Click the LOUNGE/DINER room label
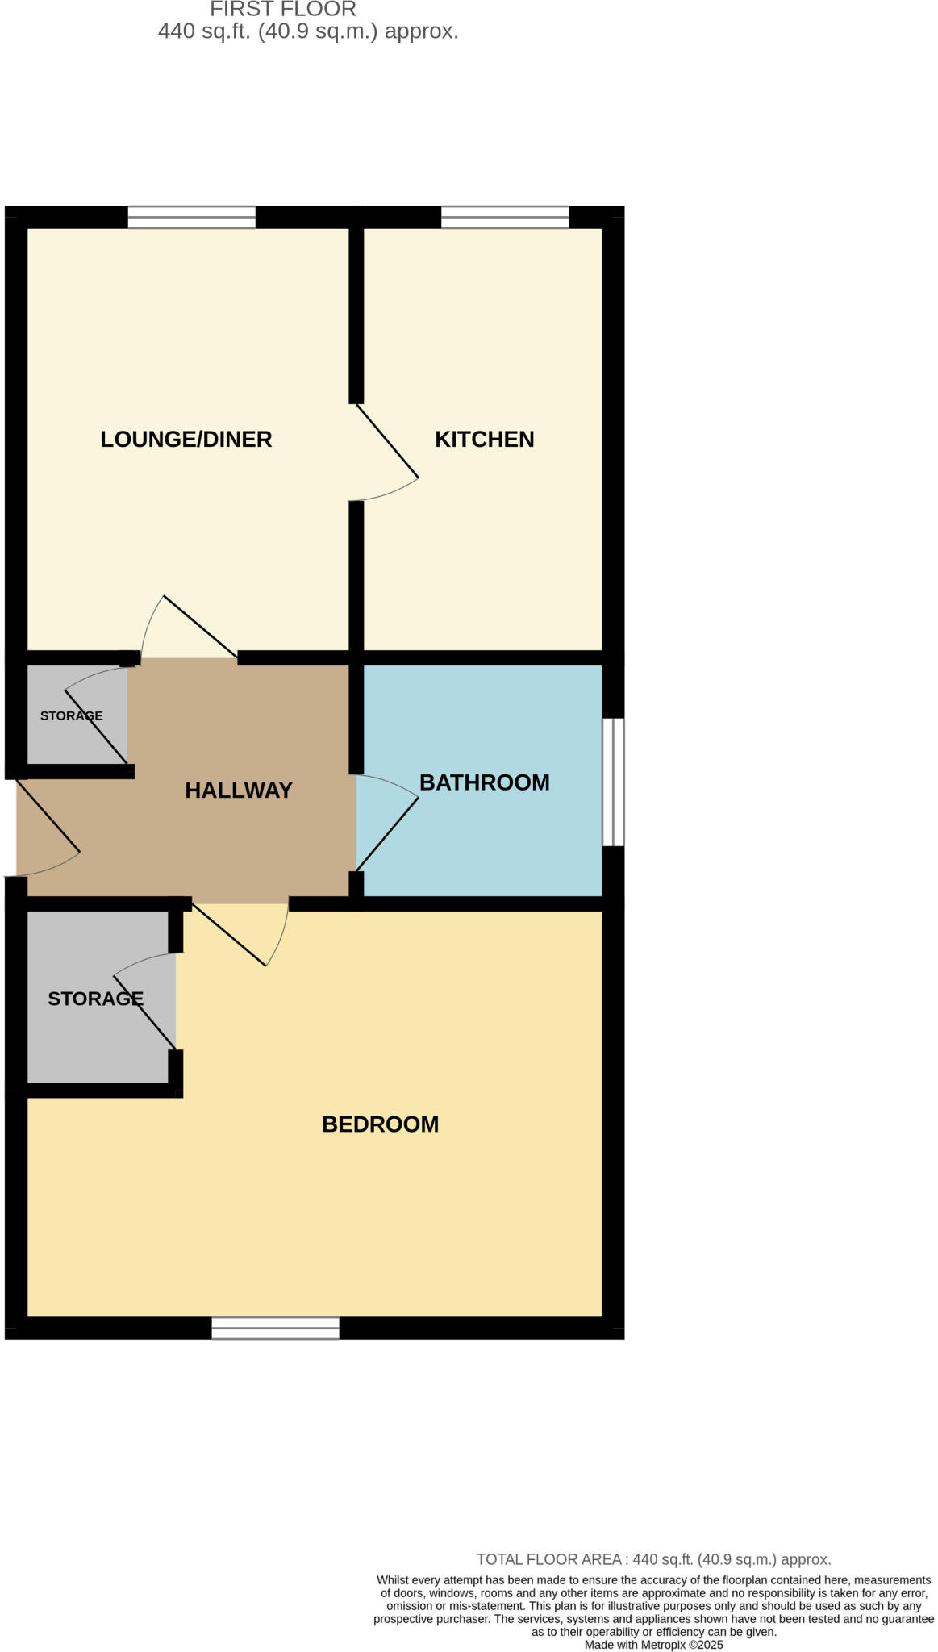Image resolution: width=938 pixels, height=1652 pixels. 186,440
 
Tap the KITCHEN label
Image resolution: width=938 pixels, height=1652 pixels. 484,440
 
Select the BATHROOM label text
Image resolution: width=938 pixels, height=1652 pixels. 484,782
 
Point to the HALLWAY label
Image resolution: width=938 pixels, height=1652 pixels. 239,791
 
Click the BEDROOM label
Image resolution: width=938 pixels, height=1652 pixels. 380,1124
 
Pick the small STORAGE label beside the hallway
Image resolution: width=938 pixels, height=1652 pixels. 72,716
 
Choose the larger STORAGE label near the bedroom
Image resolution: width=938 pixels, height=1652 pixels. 95,999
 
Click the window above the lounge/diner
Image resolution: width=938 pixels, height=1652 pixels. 191,217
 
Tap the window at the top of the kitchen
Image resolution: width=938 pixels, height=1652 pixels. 505,217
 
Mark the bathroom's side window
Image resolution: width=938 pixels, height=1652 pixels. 614,782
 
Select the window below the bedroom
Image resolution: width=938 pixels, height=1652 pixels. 275,1328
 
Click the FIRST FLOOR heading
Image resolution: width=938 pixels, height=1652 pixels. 283,10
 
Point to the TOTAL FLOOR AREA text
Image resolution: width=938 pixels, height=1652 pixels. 653,1559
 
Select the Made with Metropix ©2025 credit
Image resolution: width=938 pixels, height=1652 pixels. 653,1645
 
